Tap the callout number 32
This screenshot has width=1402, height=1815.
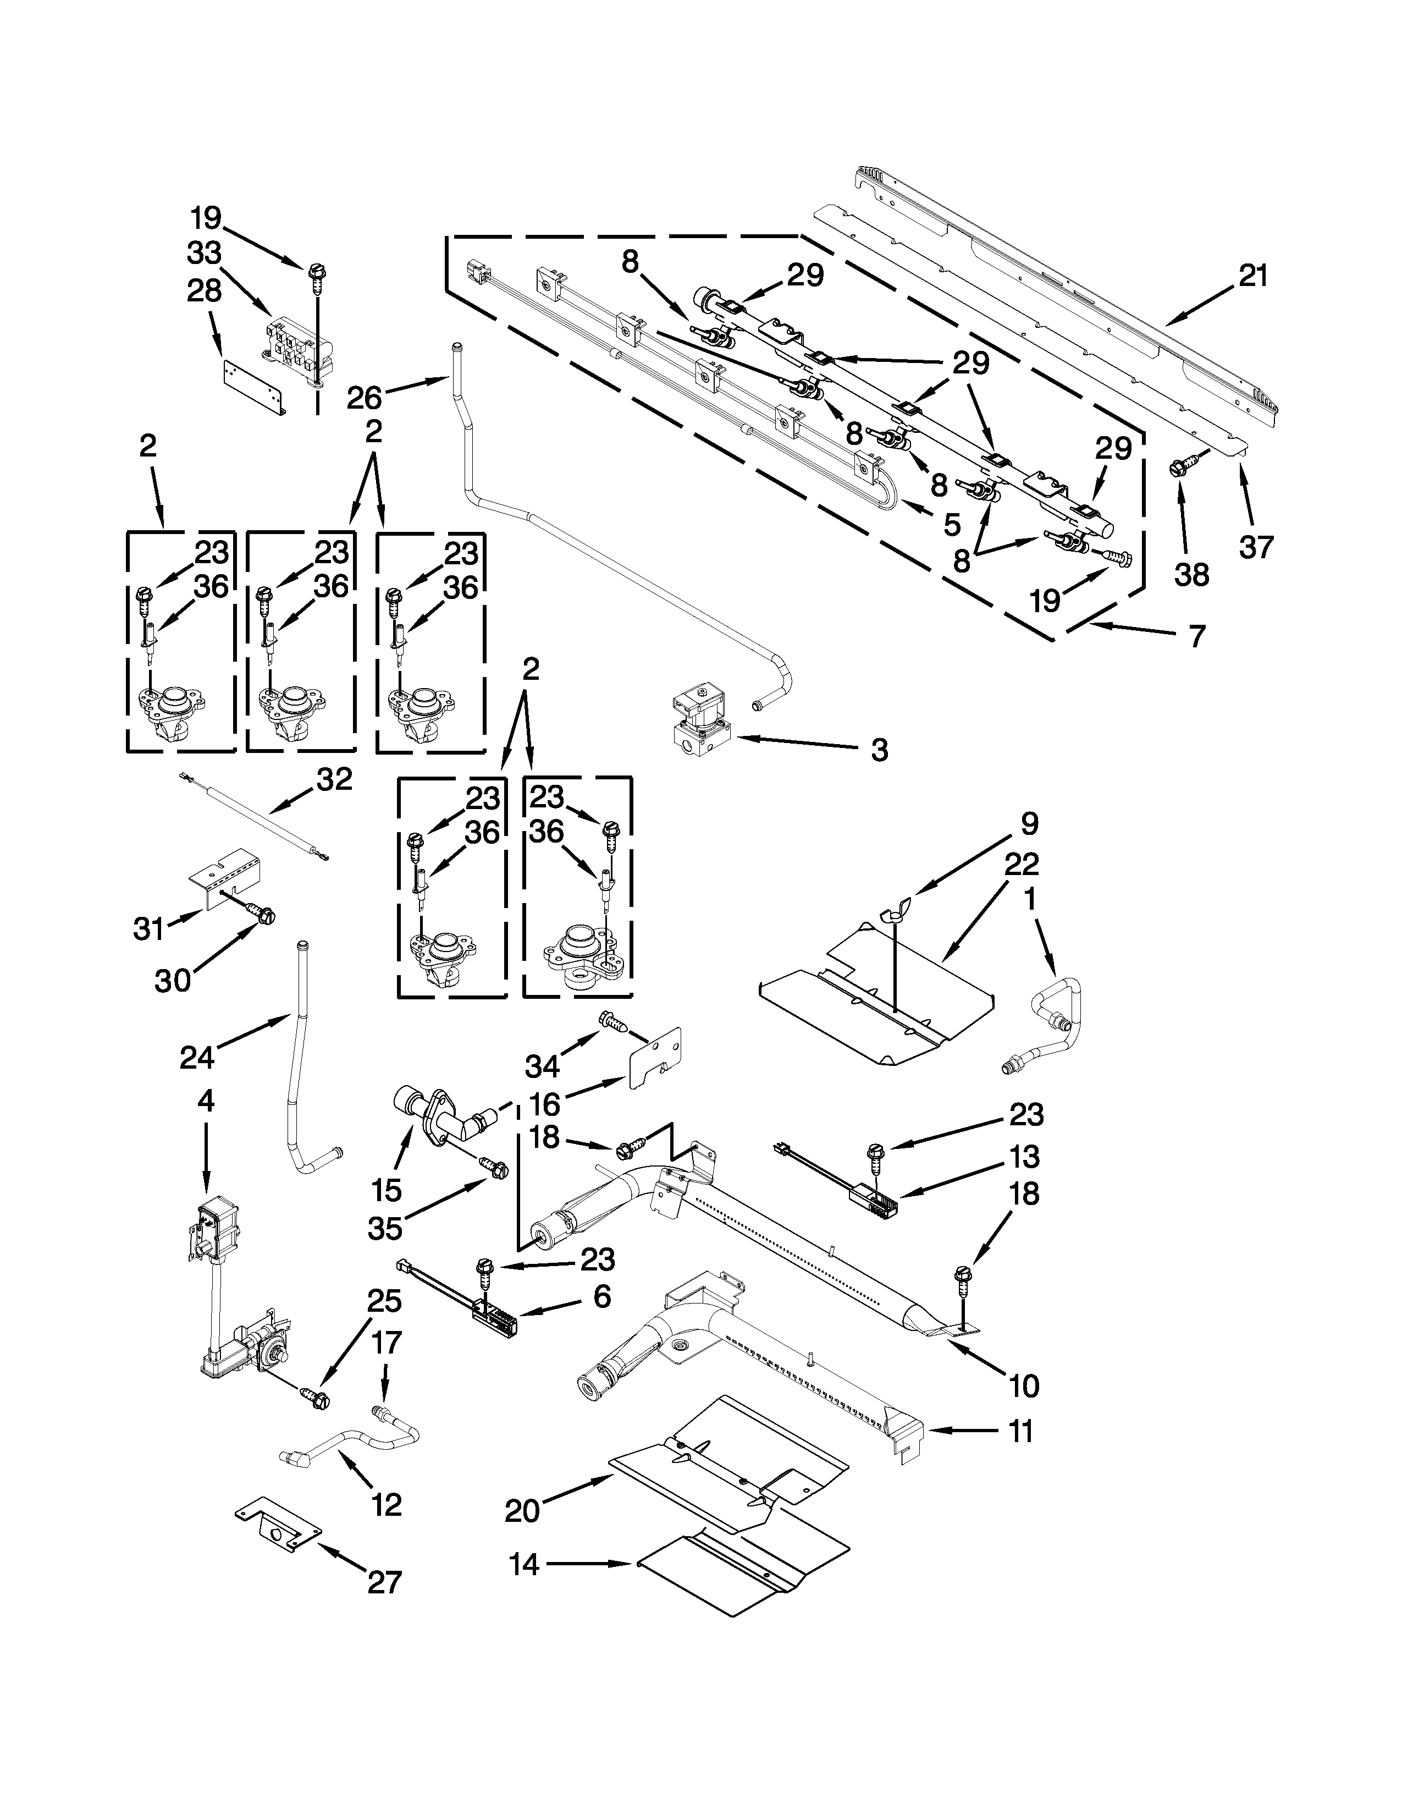pos(334,779)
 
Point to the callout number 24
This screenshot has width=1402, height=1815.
pos(197,1057)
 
